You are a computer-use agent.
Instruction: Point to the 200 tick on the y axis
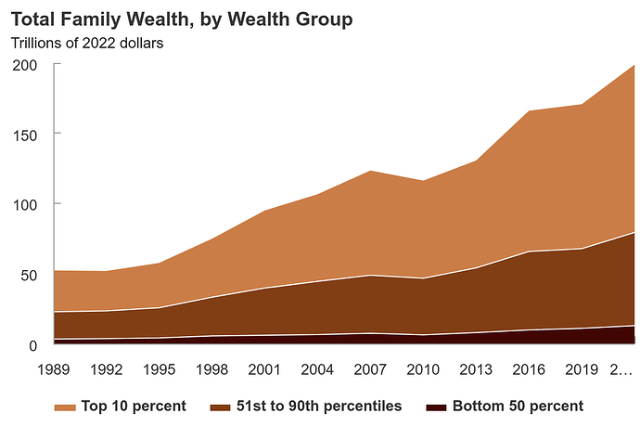pyautogui.click(x=24, y=65)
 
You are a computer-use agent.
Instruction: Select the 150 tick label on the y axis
pyautogui.click(x=24, y=135)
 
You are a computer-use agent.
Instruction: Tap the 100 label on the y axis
pyautogui.click(x=24, y=205)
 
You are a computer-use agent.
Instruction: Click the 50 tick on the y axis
pyautogui.click(x=29, y=276)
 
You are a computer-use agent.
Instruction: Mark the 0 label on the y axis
pyautogui.click(x=32, y=346)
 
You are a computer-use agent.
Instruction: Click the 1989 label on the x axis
pyautogui.click(x=55, y=370)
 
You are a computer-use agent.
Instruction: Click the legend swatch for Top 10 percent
pyautogui.click(x=65, y=407)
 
